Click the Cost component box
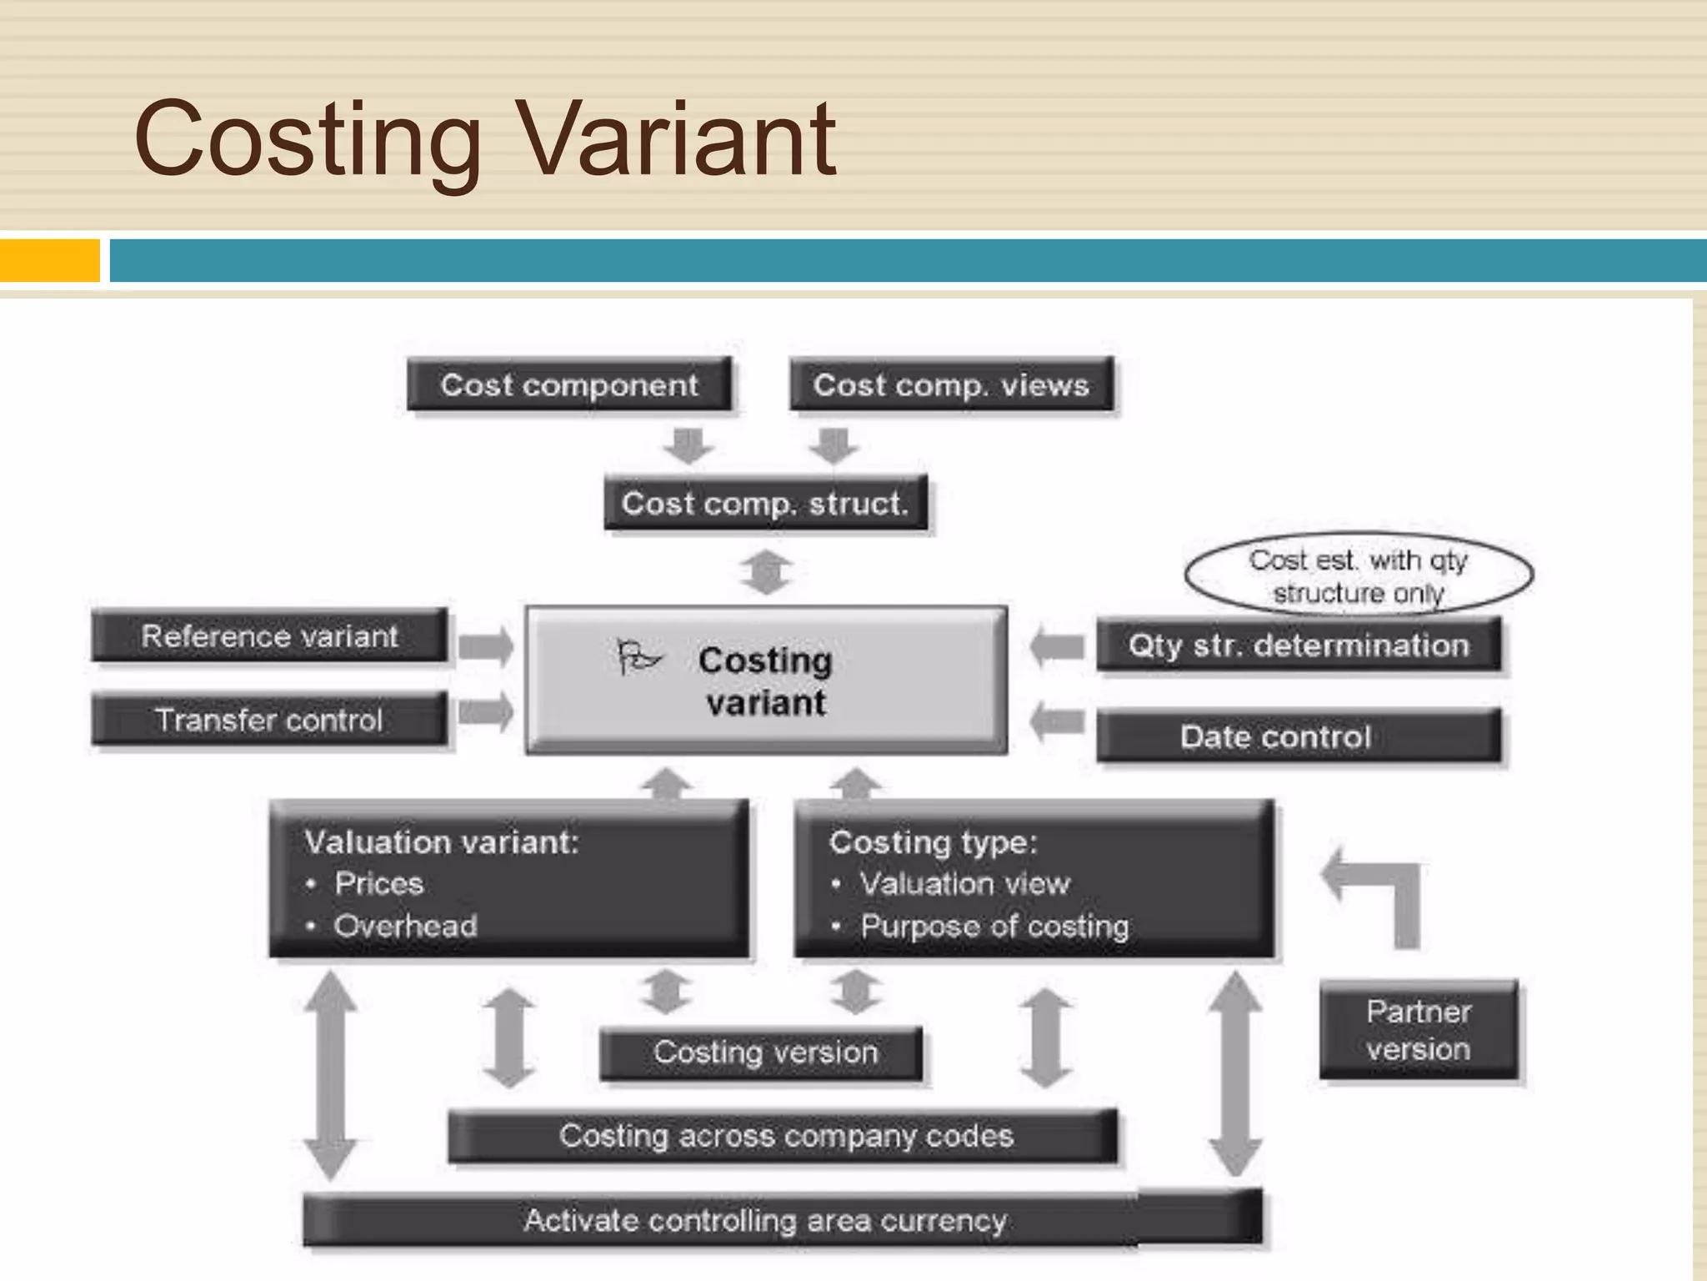pos(569,384)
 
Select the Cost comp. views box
pos(951,384)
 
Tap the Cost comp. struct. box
pos(765,503)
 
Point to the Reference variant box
pos(269,636)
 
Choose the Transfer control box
pos(269,720)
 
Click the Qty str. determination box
pos(1298,646)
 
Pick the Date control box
pos(1298,736)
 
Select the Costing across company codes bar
pos(783,1136)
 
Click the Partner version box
pos(1418,1030)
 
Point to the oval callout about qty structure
pos(1359,575)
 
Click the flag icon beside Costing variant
pos(638,657)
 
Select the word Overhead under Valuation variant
pos(406,926)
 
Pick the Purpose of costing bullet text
pos(994,927)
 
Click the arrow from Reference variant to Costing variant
pos(486,646)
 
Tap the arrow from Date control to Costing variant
pos(1057,721)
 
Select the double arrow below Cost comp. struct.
pos(766,572)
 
